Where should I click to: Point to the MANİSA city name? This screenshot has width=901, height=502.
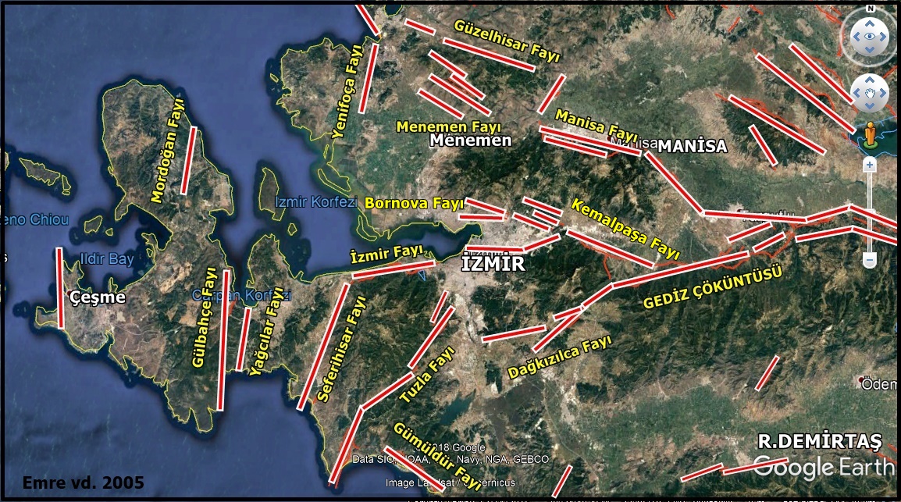point(692,146)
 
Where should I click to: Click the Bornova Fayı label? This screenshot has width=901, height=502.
point(414,203)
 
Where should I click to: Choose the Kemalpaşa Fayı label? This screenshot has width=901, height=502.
point(625,229)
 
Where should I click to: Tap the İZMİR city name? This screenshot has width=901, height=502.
point(493,264)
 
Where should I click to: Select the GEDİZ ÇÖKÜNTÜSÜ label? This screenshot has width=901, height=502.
point(712,287)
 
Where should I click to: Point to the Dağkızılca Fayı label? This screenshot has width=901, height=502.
point(559,358)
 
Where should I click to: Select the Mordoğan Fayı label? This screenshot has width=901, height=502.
point(169,151)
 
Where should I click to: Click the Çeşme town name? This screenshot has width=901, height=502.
point(97,297)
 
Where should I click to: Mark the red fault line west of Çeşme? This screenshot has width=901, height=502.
point(60,288)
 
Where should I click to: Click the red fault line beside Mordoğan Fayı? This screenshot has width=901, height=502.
point(188,160)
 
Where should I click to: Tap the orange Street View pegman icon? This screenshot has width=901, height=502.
point(869,134)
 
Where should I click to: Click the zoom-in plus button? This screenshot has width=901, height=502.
point(869,165)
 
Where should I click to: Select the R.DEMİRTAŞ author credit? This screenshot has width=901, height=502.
point(819,441)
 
